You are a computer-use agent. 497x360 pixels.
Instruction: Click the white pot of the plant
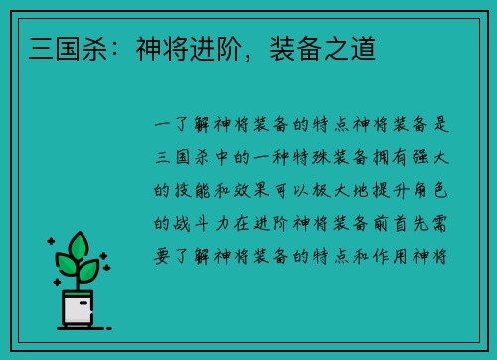tap(79, 308)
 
